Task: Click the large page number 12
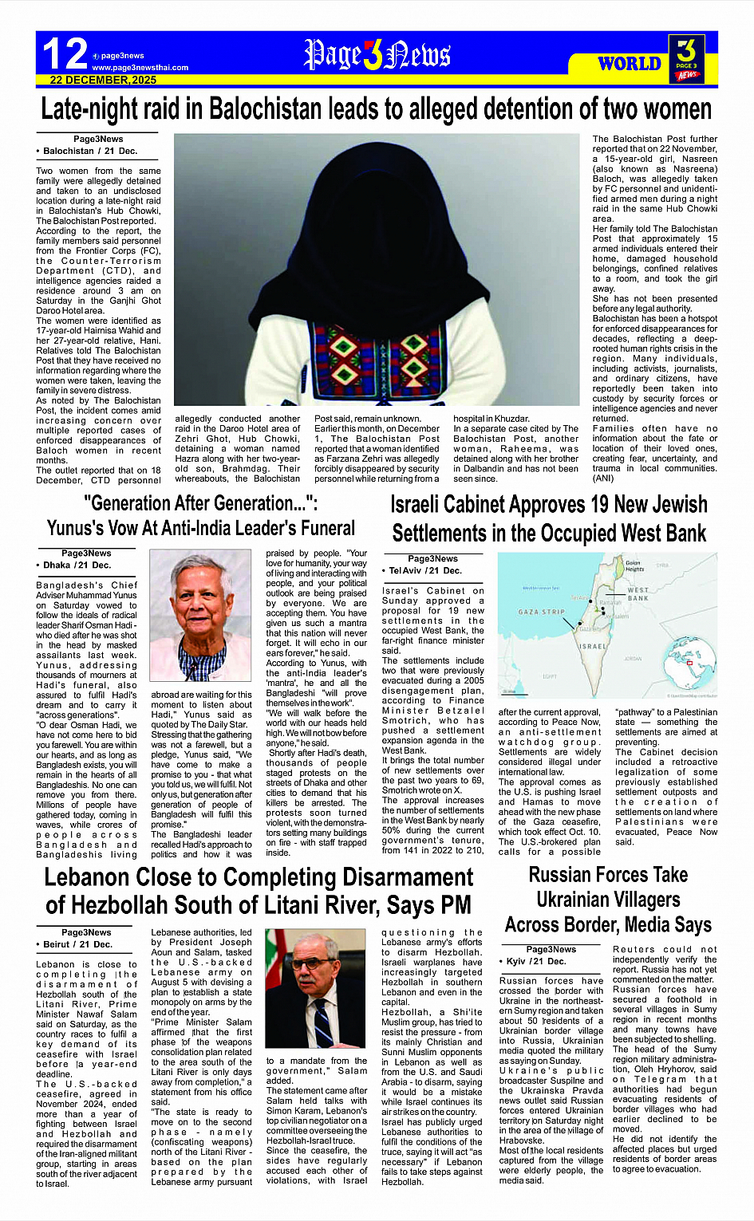(65, 54)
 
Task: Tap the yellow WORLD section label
(630, 64)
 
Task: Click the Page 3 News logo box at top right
(686, 58)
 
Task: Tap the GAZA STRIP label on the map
(541, 612)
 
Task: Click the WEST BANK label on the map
(638, 594)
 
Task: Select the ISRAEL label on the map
(592, 646)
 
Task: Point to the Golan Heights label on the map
(634, 566)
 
